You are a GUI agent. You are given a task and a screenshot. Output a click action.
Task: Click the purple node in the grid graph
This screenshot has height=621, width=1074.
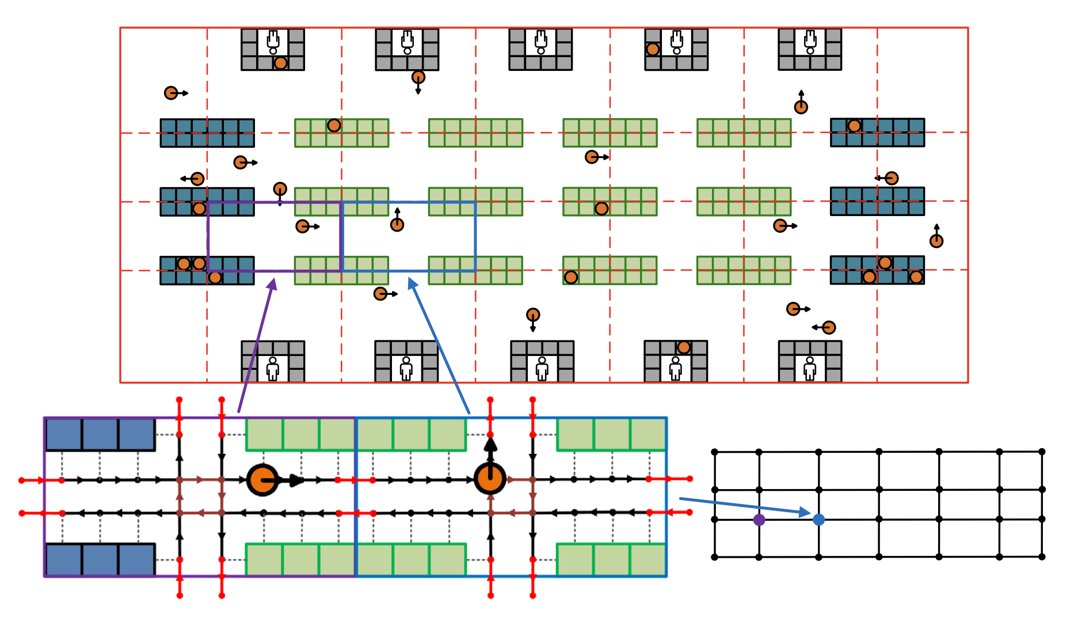759,520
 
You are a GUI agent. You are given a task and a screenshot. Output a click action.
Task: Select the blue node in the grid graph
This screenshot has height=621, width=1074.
818,520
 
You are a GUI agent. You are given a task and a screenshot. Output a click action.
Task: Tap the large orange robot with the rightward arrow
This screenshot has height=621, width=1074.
262,479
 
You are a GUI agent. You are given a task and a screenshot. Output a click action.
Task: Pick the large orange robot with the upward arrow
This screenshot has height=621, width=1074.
490,478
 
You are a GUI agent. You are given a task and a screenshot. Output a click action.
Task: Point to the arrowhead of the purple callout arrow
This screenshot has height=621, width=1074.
273,282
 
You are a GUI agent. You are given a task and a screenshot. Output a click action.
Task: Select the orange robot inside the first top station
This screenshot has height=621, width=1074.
280,63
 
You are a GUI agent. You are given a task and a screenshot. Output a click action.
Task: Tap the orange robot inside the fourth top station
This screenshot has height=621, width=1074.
652,49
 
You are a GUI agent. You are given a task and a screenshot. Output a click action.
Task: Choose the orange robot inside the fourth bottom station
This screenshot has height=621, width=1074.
684,347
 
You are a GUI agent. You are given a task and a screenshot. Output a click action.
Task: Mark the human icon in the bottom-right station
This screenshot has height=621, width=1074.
810,368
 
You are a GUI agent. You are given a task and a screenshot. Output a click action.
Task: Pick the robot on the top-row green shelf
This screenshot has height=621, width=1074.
334,125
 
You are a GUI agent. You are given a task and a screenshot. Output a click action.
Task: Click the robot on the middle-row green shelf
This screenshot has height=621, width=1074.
601,208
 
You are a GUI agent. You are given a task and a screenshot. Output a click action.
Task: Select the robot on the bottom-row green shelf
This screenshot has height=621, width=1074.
571,277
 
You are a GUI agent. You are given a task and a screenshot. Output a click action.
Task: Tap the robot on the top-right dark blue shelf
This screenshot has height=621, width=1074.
854,126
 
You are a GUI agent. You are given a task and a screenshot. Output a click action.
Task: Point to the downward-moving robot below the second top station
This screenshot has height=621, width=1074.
418,77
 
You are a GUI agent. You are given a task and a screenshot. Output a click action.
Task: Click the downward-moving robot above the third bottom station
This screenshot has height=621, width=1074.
533,315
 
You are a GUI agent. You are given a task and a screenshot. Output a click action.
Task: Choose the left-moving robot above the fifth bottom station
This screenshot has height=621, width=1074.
829,328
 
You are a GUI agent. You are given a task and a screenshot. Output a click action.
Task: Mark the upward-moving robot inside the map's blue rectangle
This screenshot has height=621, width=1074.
397,225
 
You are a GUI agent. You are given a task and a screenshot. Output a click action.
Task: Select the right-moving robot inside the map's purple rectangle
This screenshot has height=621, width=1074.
303,226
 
